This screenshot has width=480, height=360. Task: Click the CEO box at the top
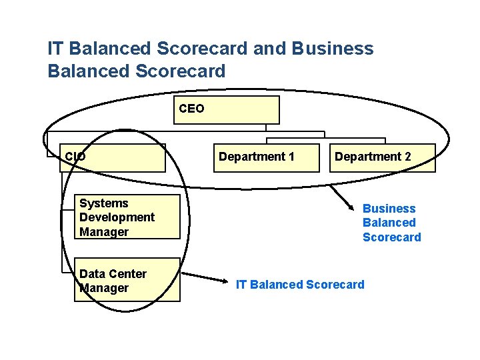227,110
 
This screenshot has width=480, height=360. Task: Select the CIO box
113,157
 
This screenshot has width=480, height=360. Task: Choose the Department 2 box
381,158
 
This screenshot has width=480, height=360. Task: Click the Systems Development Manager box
127,217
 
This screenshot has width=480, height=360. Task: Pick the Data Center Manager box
127,280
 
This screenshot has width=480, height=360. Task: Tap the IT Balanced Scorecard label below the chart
300,285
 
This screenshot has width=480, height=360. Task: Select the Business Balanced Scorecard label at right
391,223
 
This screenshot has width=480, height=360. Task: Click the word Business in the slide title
333,49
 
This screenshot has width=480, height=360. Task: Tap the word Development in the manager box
117,217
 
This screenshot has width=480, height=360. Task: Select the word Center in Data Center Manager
129,273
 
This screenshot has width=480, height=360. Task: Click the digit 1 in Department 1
291,157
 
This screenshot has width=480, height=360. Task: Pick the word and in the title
274,49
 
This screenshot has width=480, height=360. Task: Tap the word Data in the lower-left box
92,273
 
